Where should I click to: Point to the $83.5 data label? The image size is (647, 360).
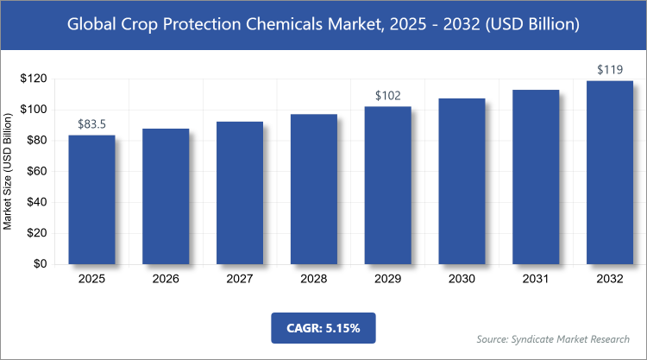pos(91,124)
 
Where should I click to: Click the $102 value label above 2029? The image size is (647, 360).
pos(388,96)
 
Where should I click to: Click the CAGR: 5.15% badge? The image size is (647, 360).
pos(323,328)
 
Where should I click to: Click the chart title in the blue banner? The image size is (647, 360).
pos(323,25)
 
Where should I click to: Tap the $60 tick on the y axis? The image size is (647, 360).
pos(35,172)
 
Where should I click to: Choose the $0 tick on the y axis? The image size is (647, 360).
pos(38,265)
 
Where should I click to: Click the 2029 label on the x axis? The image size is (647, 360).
pos(388,280)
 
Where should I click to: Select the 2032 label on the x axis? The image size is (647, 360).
pos(611,280)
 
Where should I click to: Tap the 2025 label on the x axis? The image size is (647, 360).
pos(91,280)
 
